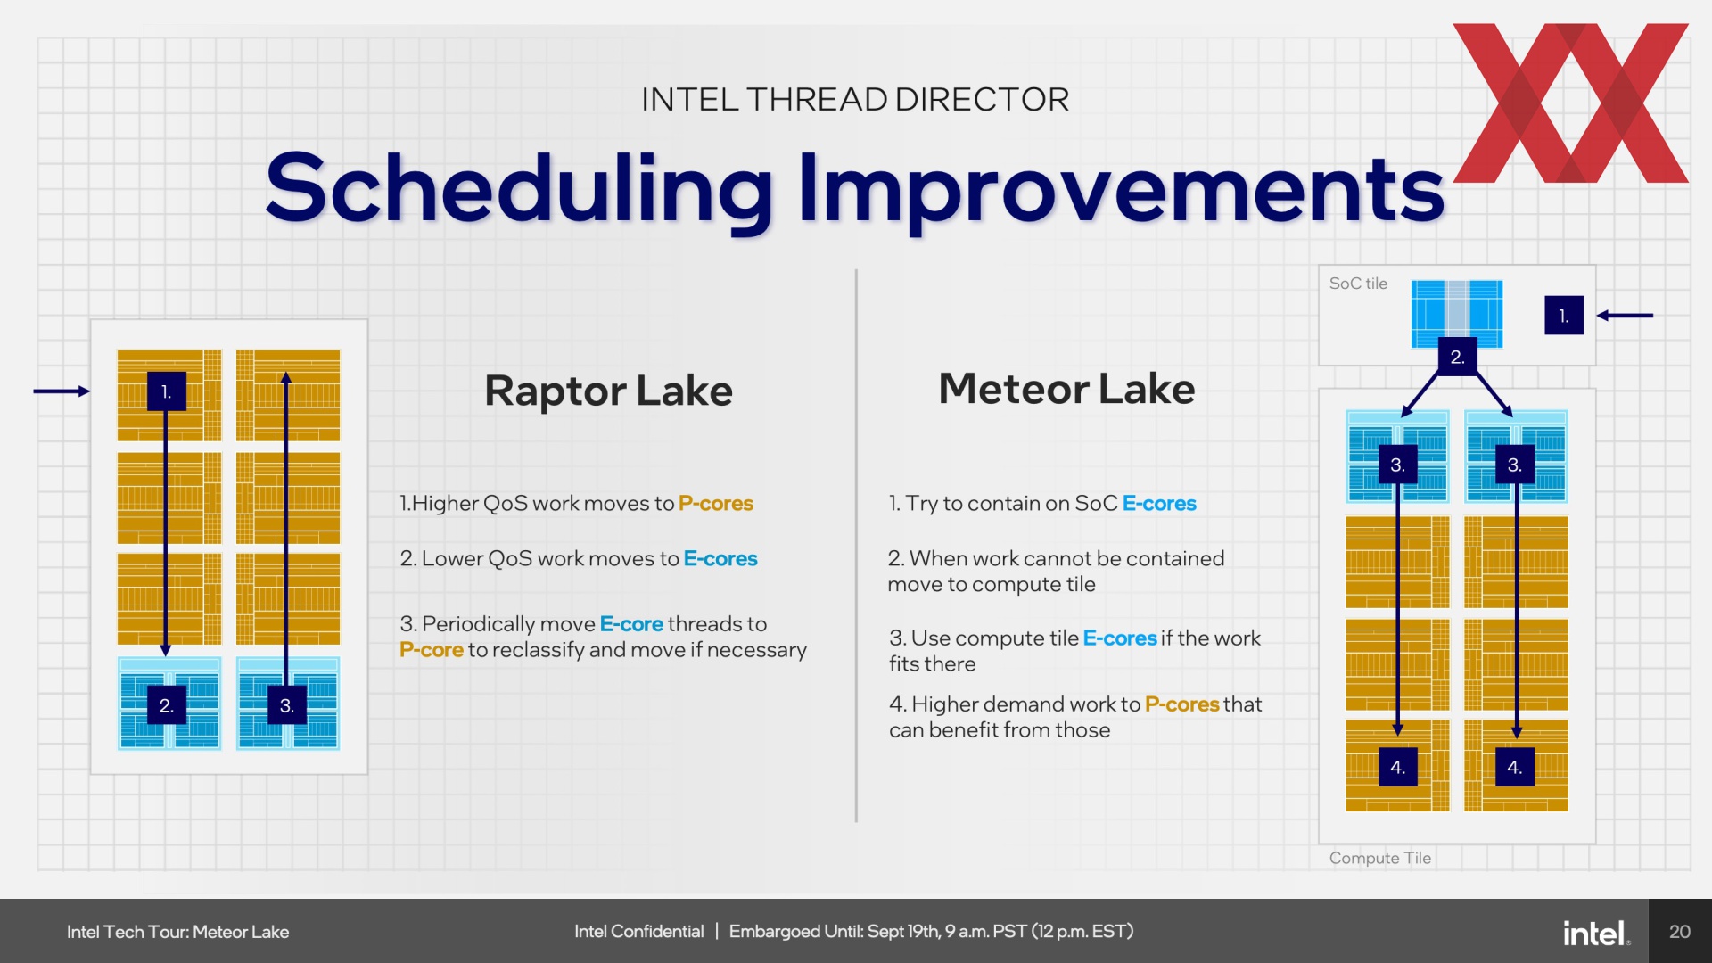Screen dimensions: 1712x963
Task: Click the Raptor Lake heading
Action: coord(608,391)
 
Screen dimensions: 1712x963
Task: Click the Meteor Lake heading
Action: coord(1066,389)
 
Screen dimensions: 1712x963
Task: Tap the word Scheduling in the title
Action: coord(520,188)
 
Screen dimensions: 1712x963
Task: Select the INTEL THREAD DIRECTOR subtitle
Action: coord(855,99)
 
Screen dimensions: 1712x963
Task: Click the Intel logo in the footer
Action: coord(1596,933)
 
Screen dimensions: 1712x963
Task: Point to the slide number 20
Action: coord(1680,932)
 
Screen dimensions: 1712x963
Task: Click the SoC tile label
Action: coord(1358,284)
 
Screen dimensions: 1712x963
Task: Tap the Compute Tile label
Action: coord(1379,858)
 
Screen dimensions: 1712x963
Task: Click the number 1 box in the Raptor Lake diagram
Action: coord(167,391)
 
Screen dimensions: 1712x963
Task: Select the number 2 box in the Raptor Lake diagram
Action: coord(167,705)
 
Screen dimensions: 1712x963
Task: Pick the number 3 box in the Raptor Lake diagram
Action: coord(287,705)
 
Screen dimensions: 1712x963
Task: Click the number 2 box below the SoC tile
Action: coord(1458,357)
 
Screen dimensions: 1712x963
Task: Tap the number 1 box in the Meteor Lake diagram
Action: coord(1564,316)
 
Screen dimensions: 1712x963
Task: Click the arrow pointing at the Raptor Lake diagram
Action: coord(62,391)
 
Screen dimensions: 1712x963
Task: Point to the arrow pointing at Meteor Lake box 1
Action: coord(1625,315)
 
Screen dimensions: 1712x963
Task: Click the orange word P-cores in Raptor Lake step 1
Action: coord(716,504)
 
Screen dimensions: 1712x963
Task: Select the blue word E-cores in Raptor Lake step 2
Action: coord(720,559)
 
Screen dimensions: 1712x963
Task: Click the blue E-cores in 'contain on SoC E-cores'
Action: coord(1159,504)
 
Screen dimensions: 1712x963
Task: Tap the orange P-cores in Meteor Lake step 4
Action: coord(1181,704)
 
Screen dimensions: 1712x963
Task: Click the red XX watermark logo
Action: coord(1571,103)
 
